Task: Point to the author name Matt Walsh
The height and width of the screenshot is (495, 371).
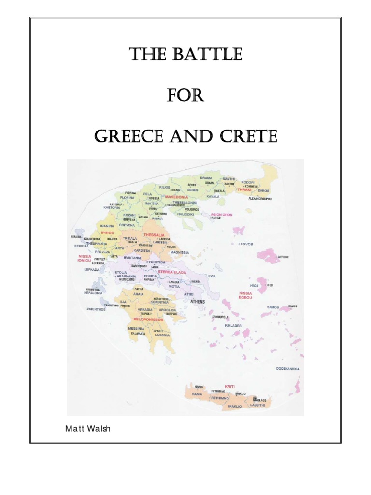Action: coord(87,428)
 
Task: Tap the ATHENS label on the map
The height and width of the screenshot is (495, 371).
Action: coord(198,302)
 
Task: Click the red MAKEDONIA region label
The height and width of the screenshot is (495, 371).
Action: coord(176,197)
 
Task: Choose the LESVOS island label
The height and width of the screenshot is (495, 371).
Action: coord(246,244)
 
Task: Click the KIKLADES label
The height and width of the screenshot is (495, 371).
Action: coord(233,325)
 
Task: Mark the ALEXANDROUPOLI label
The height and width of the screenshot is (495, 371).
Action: coord(260,199)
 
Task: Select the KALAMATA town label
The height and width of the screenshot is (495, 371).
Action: coord(137,334)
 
